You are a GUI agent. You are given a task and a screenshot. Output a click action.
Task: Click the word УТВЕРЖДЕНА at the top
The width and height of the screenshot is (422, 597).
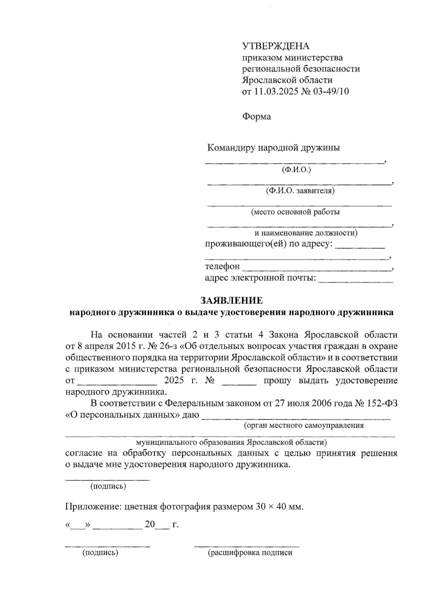[276, 46]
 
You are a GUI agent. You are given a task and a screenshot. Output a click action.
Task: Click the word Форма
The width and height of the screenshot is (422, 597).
[256, 116]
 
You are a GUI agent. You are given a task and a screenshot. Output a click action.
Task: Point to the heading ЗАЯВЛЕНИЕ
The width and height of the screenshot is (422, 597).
[231, 300]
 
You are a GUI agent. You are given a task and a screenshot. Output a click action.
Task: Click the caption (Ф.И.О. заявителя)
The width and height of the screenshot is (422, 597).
[300, 191]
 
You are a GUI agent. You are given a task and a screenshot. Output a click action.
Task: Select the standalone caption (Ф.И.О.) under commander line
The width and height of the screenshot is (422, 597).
[296, 170]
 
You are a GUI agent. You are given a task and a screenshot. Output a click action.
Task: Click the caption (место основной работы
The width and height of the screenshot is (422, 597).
[295, 212]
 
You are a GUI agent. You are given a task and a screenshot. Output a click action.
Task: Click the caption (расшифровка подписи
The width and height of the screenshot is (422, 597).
[250, 553]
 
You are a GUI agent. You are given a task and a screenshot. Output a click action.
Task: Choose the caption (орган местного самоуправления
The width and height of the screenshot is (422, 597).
[303, 426]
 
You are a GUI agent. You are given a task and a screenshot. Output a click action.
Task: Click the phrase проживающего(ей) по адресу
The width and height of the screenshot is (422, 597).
[268, 244]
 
